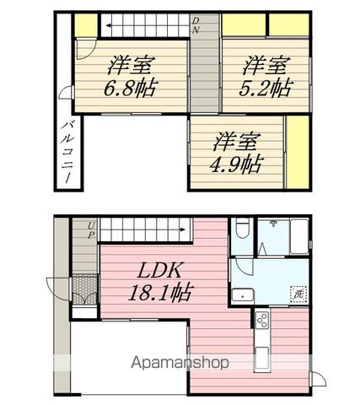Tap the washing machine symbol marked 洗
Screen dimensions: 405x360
point(299,293)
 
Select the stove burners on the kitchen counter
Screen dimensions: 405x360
point(262,320)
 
